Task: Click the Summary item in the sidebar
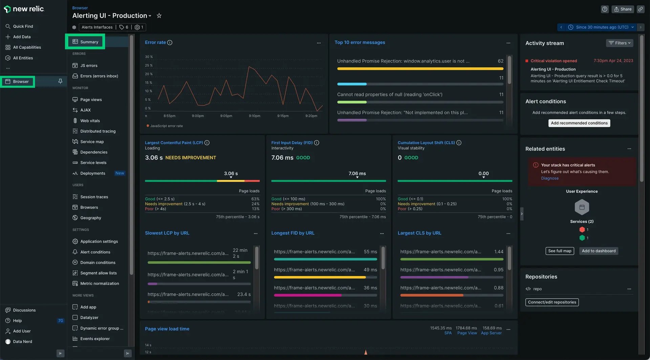point(89,42)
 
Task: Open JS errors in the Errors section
point(89,66)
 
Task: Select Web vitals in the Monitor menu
point(90,121)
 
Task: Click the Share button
point(623,9)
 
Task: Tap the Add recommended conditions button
point(579,123)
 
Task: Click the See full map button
point(560,251)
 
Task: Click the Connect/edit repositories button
point(552,302)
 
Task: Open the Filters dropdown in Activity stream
point(619,43)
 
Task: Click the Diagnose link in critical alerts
point(549,178)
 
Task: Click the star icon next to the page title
point(159,16)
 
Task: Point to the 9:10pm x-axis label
point(254,116)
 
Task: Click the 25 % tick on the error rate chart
point(149,66)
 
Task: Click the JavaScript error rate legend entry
point(166,126)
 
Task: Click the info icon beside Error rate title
point(170,43)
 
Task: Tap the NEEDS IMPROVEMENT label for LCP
point(191,158)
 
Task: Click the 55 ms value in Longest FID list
point(370,252)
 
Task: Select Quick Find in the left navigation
point(23,26)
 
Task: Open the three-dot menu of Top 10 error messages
point(508,43)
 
